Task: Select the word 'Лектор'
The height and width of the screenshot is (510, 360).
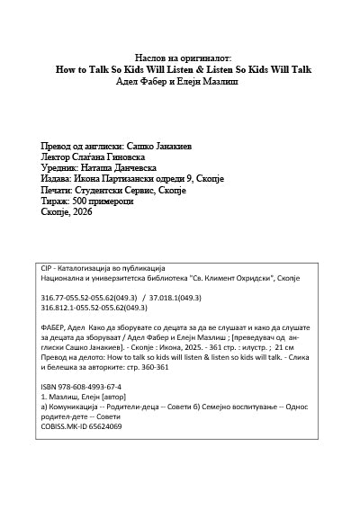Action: pyautogui.click(x=56, y=157)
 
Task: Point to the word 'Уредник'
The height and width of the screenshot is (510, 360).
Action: pyautogui.click(x=59, y=168)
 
